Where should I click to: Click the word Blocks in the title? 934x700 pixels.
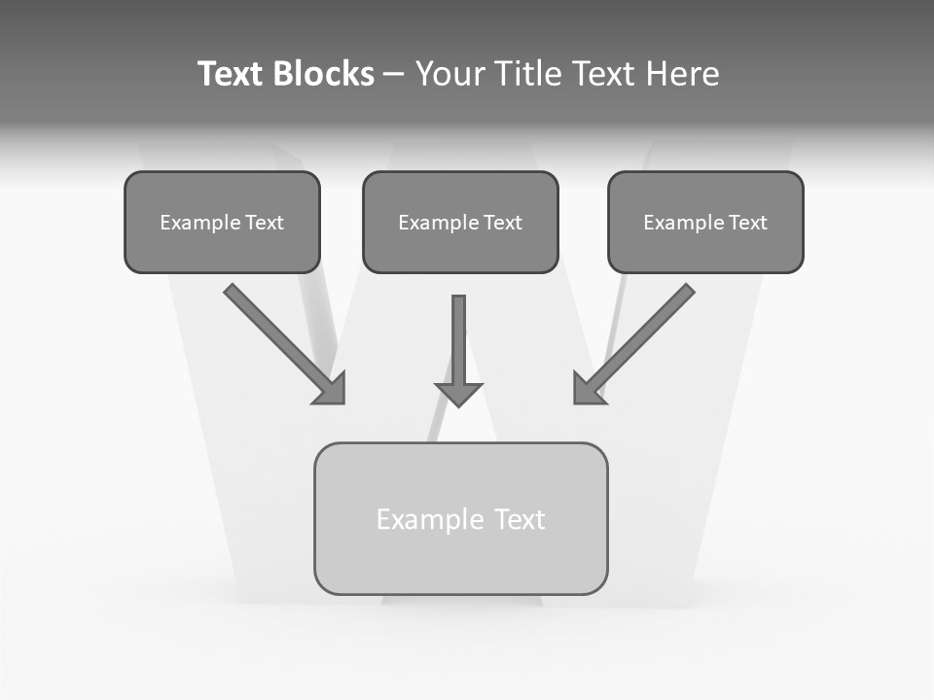pos(322,74)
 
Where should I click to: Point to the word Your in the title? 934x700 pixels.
pos(450,74)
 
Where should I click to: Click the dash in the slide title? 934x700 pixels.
pos(394,75)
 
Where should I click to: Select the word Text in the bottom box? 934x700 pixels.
pos(520,520)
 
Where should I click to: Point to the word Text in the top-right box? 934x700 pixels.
pos(748,223)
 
